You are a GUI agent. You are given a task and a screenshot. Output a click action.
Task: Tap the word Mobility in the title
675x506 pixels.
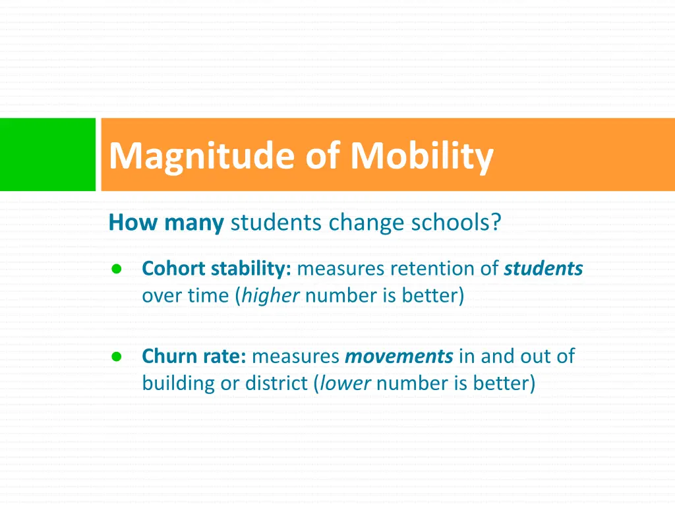(x=422, y=156)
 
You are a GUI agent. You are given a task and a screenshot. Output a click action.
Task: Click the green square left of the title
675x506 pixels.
(x=47, y=155)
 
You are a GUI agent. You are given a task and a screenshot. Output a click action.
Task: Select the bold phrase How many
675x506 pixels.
(x=166, y=223)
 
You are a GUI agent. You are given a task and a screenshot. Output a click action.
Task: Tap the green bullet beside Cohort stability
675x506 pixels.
(x=116, y=269)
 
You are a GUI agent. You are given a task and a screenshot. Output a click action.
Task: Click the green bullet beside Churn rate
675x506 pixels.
(x=116, y=356)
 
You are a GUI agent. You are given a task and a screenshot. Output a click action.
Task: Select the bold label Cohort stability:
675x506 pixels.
(x=217, y=269)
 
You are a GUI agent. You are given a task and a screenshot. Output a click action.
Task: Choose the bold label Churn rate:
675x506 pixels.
(x=194, y=356)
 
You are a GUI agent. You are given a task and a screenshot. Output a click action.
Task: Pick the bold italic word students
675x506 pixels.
(x=543, y=269)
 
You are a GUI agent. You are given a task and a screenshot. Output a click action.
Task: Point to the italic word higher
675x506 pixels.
(x=271, y=296)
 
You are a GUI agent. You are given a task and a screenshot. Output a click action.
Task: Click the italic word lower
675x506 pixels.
(x=345, y=383)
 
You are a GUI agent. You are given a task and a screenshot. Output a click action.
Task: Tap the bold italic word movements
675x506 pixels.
(x=399, y=356)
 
